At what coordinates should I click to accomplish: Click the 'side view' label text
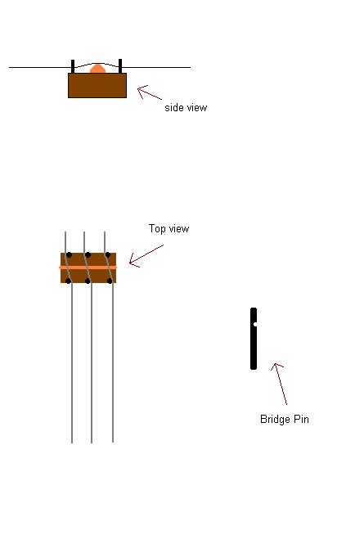click(x=186, y=107)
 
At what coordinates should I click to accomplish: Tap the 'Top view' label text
click(x=169, y=228)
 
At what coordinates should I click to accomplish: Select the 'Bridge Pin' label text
click(x=285, y=419)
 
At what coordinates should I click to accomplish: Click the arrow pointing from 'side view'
click(x=150, y=92)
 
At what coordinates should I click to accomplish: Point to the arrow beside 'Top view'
click(x=146, y=256)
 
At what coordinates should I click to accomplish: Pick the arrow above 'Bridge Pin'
click(x=279, y=384)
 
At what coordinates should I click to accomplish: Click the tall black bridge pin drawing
click(x=254, y=339)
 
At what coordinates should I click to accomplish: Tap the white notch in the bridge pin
click(x=255, y=325)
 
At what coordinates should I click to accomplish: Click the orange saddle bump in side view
click(x=98, y=69)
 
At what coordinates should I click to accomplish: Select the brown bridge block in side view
click(x=97, y=85)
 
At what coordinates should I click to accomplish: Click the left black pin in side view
click(x=73, y=66)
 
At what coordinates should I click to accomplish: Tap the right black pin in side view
click(x=120, y=66)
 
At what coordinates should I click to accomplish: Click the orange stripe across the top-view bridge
click(x=88, y=268)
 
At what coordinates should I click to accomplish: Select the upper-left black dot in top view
click(x=69, y=255)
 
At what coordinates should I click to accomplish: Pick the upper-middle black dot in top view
click(x=88, y=255)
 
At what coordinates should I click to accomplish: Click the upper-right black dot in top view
click(x=108, y=255)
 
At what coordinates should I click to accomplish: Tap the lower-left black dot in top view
click(x=69, y=281)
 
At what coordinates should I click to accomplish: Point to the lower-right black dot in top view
click(x=110, y=281)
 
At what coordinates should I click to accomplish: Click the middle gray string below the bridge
click(x=92, y=363)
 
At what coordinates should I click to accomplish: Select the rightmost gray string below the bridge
click(x=113, y=363)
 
